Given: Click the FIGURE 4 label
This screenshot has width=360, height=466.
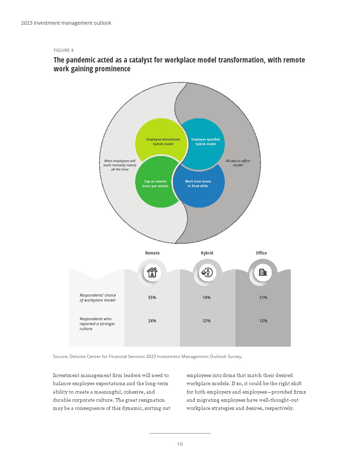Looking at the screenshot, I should [64, 50].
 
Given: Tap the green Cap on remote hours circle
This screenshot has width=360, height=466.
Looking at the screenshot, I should [156, 184].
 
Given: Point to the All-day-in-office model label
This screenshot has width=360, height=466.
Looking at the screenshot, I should [238, 163].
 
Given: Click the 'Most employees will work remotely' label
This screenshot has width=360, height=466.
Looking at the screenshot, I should [120, 165].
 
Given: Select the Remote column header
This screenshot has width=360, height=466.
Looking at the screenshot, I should [152, 253].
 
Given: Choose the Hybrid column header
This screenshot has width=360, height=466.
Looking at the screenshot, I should [207, 253].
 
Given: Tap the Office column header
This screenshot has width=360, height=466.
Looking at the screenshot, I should [261, 253].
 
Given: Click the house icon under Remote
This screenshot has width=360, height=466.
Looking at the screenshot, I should [152, 273].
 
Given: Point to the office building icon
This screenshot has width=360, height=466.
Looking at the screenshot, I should [263, 272].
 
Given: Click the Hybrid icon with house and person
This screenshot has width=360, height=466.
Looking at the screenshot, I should [207, 273].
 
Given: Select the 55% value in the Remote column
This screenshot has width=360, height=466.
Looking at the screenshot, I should [152, 298].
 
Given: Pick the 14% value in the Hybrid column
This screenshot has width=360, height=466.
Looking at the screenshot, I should [207, 298].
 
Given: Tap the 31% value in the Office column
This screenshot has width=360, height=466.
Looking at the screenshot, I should [263, 298].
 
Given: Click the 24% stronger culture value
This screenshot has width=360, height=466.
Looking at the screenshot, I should [152, 321].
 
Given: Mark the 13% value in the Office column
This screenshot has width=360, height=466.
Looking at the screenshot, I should [263, 321].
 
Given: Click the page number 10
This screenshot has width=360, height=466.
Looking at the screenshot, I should [180, 444].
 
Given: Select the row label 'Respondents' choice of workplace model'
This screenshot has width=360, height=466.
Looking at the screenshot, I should [98, 298].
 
